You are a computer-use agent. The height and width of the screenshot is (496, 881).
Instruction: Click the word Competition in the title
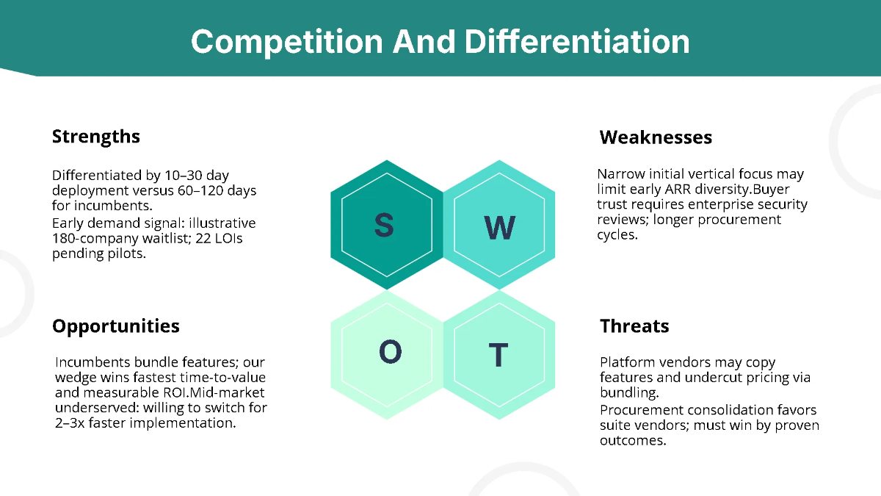click(x=287, y=42)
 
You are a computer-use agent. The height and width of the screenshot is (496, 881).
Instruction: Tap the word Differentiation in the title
click(x=577, y=41)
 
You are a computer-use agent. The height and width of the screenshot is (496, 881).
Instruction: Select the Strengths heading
click(x=96, y=137)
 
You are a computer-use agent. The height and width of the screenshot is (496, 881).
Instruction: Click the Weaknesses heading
click(x=656, y=137)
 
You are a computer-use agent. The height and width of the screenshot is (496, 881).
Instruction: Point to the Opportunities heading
click(x=116, y=326)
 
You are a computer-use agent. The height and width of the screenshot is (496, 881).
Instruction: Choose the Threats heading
click(x=634, y=326)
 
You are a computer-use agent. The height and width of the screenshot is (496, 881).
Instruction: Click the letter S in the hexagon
click(x=384, y=225)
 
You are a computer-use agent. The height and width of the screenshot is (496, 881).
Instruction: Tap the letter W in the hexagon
click(x=499, y=228)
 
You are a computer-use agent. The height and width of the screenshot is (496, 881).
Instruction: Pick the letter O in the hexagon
click(x=390, y=351)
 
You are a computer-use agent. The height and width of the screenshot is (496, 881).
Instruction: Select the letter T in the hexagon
click(x=498, y=355)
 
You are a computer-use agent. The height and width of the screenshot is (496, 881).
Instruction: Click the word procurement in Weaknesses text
click(x=739, y=220)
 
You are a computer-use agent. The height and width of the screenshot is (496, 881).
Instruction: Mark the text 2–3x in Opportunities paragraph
click(x=70, y=423)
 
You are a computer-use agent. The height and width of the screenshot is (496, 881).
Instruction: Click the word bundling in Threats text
click(x=629, y=392)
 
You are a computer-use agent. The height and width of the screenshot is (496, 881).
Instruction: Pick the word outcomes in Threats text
click(x=633, y=440)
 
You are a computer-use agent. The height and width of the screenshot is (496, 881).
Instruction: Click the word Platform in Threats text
click(x=625, y=362)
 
